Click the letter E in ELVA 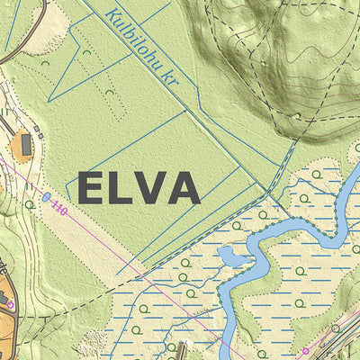tap(93, 188)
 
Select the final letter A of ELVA tap(183, 188)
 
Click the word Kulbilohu tap(131, 37)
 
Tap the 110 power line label tap(60, 210)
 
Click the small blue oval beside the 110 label tap(46, 195)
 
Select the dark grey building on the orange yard tap(27, 143)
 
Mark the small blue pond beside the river tap(232, 257)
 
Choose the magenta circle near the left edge tap(10, 305)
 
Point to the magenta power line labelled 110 tap(135, 261)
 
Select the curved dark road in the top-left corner tap(27, 40)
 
